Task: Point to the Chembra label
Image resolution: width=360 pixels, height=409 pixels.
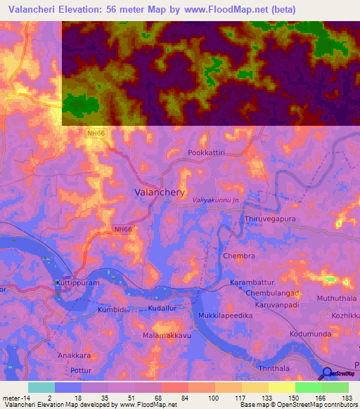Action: (x=238, y=257)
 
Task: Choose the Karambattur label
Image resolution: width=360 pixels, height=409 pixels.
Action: (x=250, y=282)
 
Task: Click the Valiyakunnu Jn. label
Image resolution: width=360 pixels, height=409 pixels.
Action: (x=217, y=201)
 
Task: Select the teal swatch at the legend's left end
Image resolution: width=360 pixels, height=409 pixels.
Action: (x=41, y=387)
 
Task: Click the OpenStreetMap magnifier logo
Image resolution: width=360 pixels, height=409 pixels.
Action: (x=326, y=373)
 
